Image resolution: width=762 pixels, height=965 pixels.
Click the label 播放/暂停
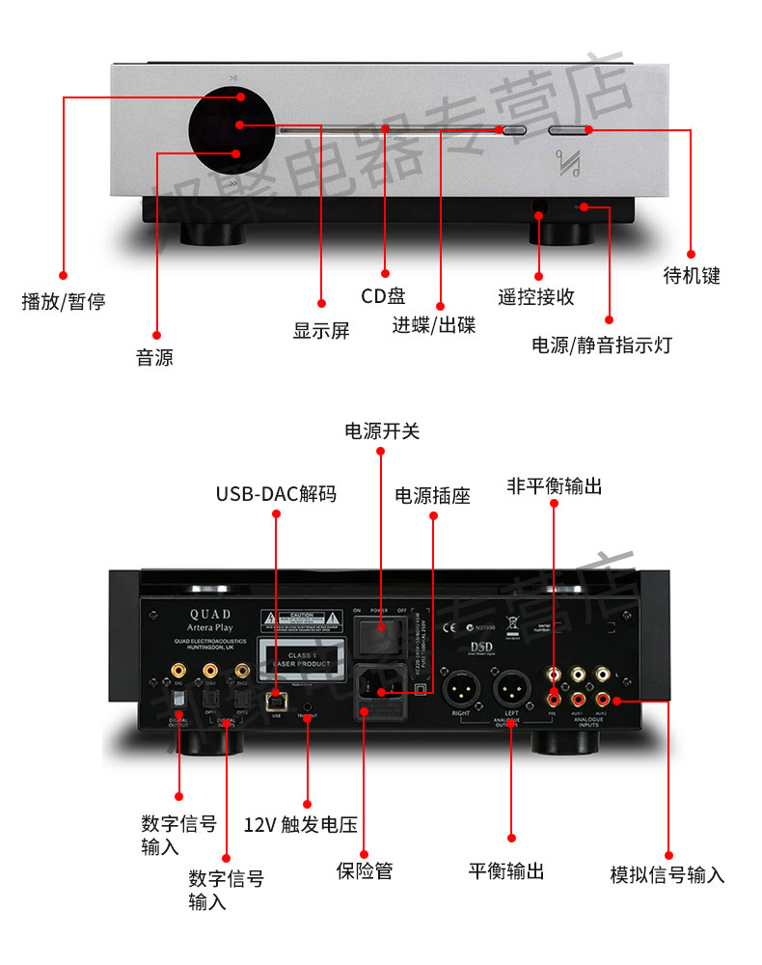[x=63, y=302]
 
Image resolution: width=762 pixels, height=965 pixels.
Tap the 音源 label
[x=154, y=358]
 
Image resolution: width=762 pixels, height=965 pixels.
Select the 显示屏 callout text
[x=321, y=331]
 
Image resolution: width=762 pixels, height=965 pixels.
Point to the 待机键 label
[x=692, y=275]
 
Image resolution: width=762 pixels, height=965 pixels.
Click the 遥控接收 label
[x=536, y=296]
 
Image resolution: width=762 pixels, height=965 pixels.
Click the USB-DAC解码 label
[x=276, y=494]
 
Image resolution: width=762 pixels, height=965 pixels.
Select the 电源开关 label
[x=382, y=431]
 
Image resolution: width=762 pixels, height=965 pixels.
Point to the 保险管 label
[x=364, y=870]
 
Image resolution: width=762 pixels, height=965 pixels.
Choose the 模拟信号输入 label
[x=667, y=875]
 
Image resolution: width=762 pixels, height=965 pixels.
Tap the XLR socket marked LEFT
[x=511, y=690]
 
